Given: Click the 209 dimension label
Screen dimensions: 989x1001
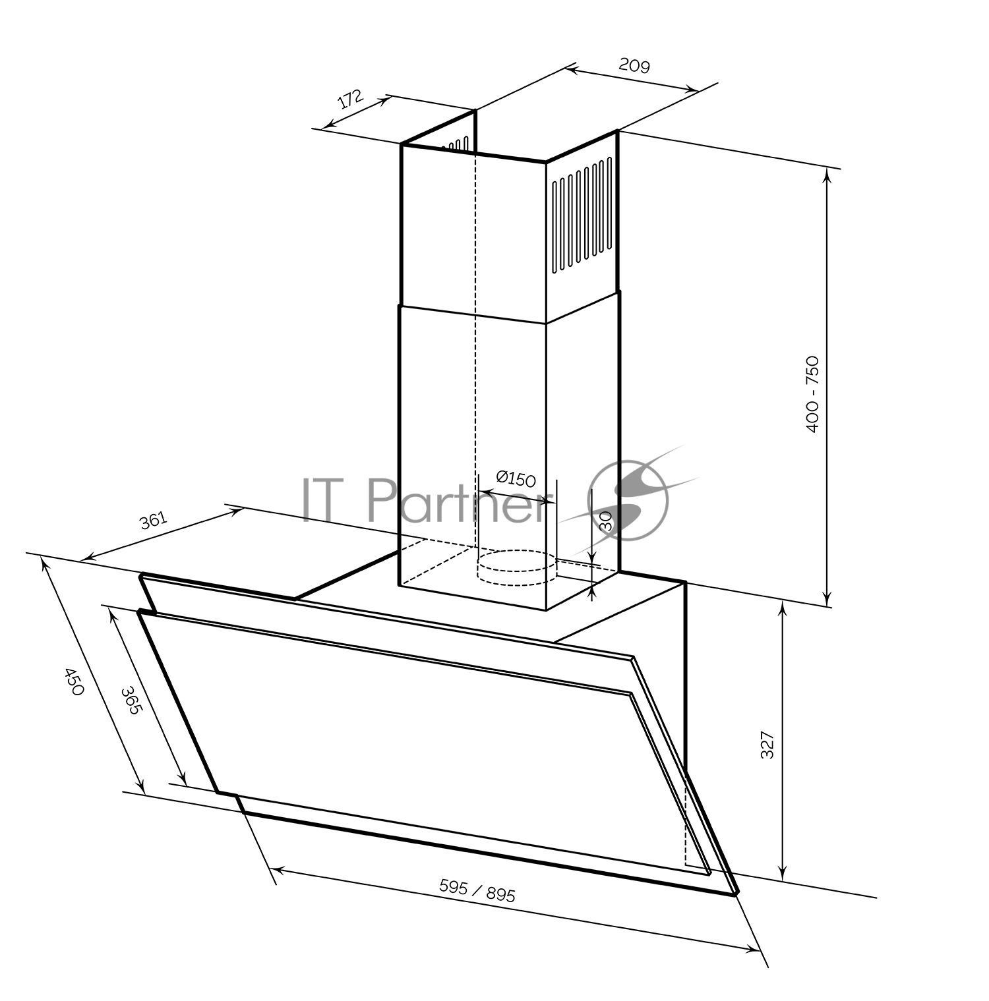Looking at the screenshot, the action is coord(634,65).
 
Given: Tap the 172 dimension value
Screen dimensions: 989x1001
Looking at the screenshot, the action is coord(350,100).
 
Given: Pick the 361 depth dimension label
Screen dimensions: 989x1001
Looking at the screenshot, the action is coord(153,521).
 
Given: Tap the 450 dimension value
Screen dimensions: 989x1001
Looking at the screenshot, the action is coord(73,682).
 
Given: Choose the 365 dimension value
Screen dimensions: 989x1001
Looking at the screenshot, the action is coord(131,702).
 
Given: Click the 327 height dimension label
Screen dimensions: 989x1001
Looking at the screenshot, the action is coord(767,745).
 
